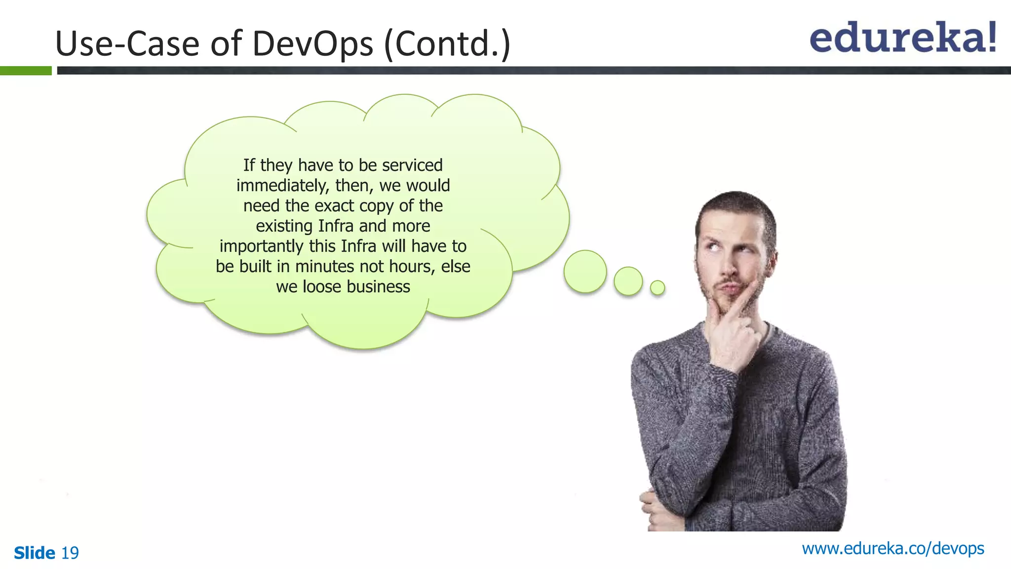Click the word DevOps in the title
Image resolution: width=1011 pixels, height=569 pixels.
(312, 43)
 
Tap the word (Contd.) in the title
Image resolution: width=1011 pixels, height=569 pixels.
(447, 44)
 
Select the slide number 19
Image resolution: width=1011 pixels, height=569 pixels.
(70, 553)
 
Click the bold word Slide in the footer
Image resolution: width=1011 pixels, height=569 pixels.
(35, 553)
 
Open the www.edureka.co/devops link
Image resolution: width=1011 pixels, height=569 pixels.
(893, 548)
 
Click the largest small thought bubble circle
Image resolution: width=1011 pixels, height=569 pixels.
(585, 271)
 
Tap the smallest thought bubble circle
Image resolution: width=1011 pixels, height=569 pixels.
(657, 287)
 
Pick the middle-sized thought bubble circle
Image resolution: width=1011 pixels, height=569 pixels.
(628, 281)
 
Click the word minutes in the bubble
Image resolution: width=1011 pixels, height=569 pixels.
(324, 267)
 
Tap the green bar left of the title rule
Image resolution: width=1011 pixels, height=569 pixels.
(26, 71)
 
